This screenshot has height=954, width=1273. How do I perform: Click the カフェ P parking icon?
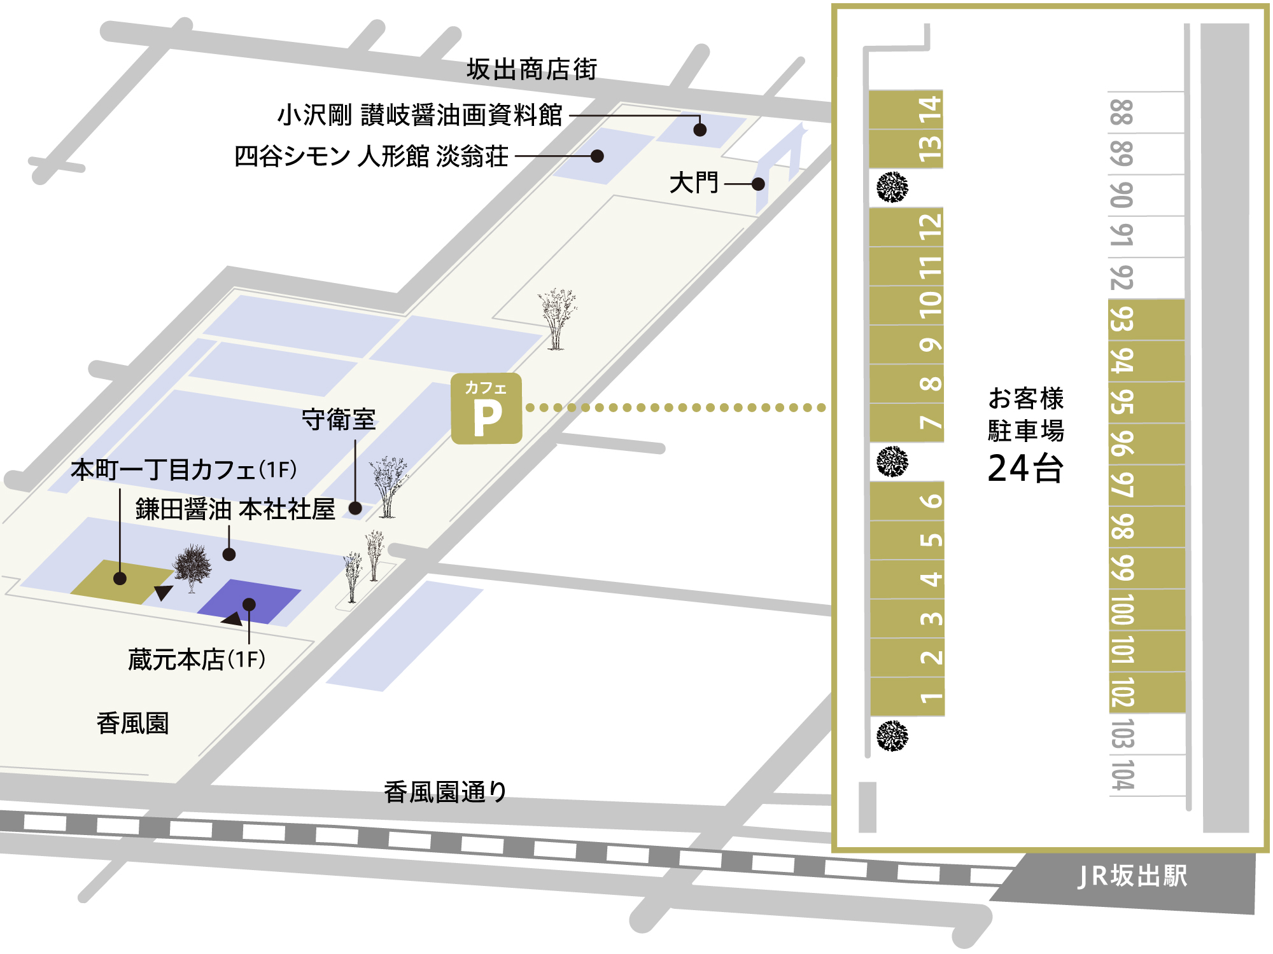point(486,408)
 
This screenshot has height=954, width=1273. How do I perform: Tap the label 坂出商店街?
point(531,69)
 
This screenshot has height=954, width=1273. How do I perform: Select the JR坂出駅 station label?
point(1132,876)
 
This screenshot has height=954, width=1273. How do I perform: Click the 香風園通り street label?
point(445,792)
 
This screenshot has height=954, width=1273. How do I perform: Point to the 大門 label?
point(693,183)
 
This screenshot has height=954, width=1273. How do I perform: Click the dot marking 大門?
point(757,184)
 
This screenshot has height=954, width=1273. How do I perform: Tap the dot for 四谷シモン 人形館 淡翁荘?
point(597,156)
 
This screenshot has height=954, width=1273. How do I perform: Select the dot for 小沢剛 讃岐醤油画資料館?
point(700,130)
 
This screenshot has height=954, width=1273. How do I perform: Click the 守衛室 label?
point(338,420)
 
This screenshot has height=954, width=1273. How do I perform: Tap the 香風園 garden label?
point(132,724)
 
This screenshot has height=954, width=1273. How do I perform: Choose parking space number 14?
point(906,109)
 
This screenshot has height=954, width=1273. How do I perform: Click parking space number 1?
point(908,697)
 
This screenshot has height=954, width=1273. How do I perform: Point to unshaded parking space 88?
point(1146,112)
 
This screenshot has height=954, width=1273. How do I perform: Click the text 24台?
point(1025,469)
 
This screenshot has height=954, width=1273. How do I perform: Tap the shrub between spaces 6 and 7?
point(892,462)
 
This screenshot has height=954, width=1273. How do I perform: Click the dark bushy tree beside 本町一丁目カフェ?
point(192,565)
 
